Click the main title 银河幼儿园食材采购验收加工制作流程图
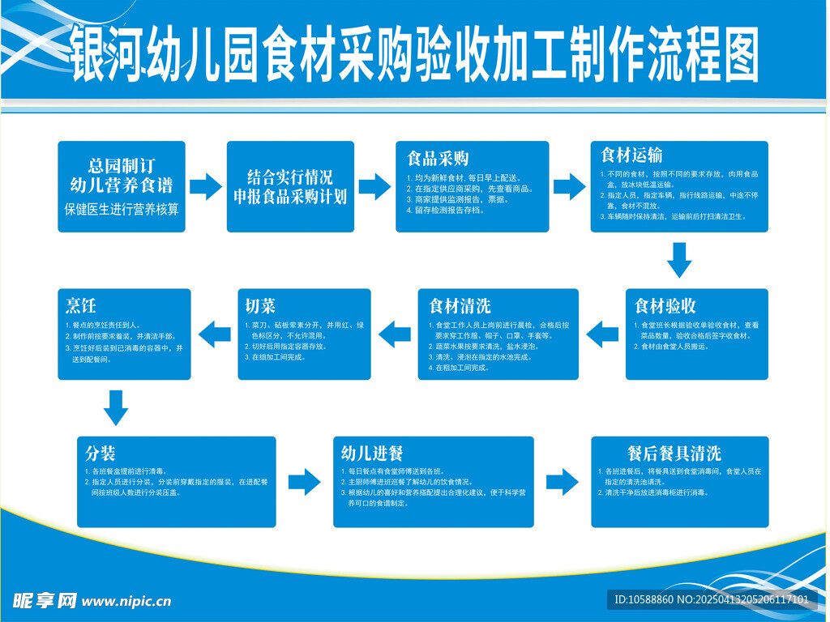coord(414,54)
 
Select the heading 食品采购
coord(438,158)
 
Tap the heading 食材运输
coord(631,155)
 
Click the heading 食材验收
coord(665,306)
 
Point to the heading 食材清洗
coord(460,306)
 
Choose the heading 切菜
coord(260,306)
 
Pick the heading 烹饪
coord(81,305)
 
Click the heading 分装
coord(101,452)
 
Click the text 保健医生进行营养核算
coord(122,209)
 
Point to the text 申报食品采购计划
coord(290,196)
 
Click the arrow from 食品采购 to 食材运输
coord(569,187)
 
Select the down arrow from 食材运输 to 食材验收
coord(679,260)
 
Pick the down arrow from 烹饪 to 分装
coord(116,407)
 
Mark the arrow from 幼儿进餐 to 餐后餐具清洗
coord(562,480)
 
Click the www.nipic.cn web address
coord(127,601)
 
